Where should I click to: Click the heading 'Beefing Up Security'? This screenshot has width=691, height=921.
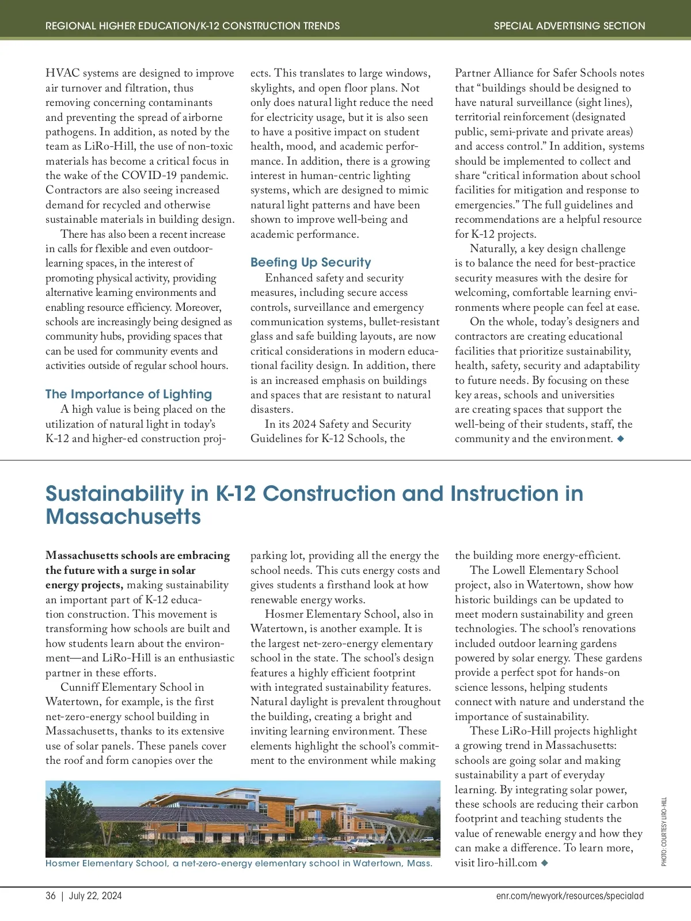(310, 262)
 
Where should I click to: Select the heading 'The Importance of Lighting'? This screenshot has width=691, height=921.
(128, 394)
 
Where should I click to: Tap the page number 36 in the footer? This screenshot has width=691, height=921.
(51, 896)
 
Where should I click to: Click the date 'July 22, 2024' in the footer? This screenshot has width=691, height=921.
(95, 896)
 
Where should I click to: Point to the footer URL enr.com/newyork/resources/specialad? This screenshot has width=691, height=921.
(569, 896)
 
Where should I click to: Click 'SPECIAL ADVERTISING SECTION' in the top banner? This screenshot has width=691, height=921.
(569, 26)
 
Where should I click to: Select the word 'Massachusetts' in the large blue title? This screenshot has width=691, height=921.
(123, 516)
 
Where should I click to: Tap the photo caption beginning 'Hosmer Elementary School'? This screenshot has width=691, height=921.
(238, 863)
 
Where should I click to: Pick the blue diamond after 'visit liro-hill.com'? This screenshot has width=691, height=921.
(545, 863)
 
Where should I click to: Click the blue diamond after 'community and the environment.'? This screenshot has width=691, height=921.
(620, 439)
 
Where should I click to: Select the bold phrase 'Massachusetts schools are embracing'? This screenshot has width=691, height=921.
(138, 555)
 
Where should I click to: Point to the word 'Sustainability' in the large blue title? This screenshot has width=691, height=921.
(115, 493)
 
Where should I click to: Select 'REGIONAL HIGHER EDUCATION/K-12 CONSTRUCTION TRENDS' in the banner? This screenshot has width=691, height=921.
(192, 26)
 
